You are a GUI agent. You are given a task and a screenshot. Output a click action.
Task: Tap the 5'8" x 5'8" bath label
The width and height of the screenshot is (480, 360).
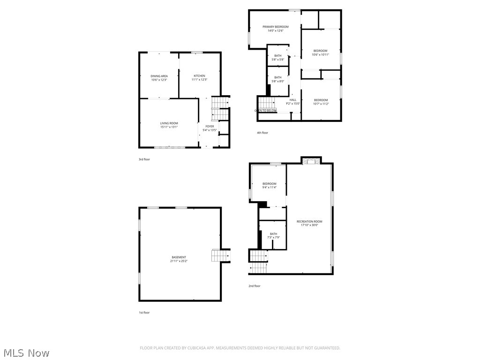click(x=278, y=58)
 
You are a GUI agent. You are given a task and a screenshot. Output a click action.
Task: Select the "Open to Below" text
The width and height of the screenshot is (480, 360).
click(x=265, y=111)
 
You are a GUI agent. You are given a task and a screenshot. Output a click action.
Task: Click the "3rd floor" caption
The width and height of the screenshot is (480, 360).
click(x=144, y=159)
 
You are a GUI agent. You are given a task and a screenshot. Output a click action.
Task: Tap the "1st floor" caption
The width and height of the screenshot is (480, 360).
click(x=144, y=313)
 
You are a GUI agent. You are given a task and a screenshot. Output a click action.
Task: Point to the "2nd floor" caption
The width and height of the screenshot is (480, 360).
click(x=254, y=286)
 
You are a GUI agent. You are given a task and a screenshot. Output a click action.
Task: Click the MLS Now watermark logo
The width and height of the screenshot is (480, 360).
click(x=26, y=352)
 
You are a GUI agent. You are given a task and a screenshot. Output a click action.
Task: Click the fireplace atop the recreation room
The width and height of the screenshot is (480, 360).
click(x=311, y=161)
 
